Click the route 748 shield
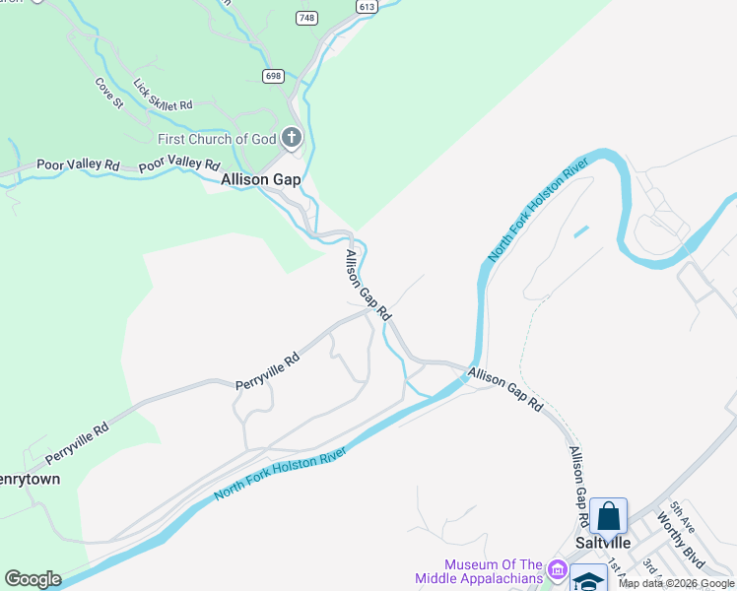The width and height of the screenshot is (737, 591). point(306,18)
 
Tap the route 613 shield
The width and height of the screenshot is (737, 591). point(368,6)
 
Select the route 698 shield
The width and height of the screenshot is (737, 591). point(274,76)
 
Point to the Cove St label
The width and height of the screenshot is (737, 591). point(108,93)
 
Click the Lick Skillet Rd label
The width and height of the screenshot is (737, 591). point(163,96)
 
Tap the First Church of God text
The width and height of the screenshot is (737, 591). point(217,139)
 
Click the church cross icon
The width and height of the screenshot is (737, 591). point(292,138)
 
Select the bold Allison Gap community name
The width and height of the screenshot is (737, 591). point(260,180)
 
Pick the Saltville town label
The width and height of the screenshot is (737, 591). point(603,543)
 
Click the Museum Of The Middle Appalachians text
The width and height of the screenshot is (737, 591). point(493,571)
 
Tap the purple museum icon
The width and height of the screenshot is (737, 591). point(558,570)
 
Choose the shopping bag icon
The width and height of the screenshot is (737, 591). point(609,516)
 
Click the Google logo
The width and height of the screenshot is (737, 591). point(33,579)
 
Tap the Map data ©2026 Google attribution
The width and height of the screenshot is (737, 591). point(677,583)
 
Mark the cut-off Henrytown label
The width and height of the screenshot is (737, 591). point(30,480)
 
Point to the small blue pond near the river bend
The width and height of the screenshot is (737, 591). point(580,232)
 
